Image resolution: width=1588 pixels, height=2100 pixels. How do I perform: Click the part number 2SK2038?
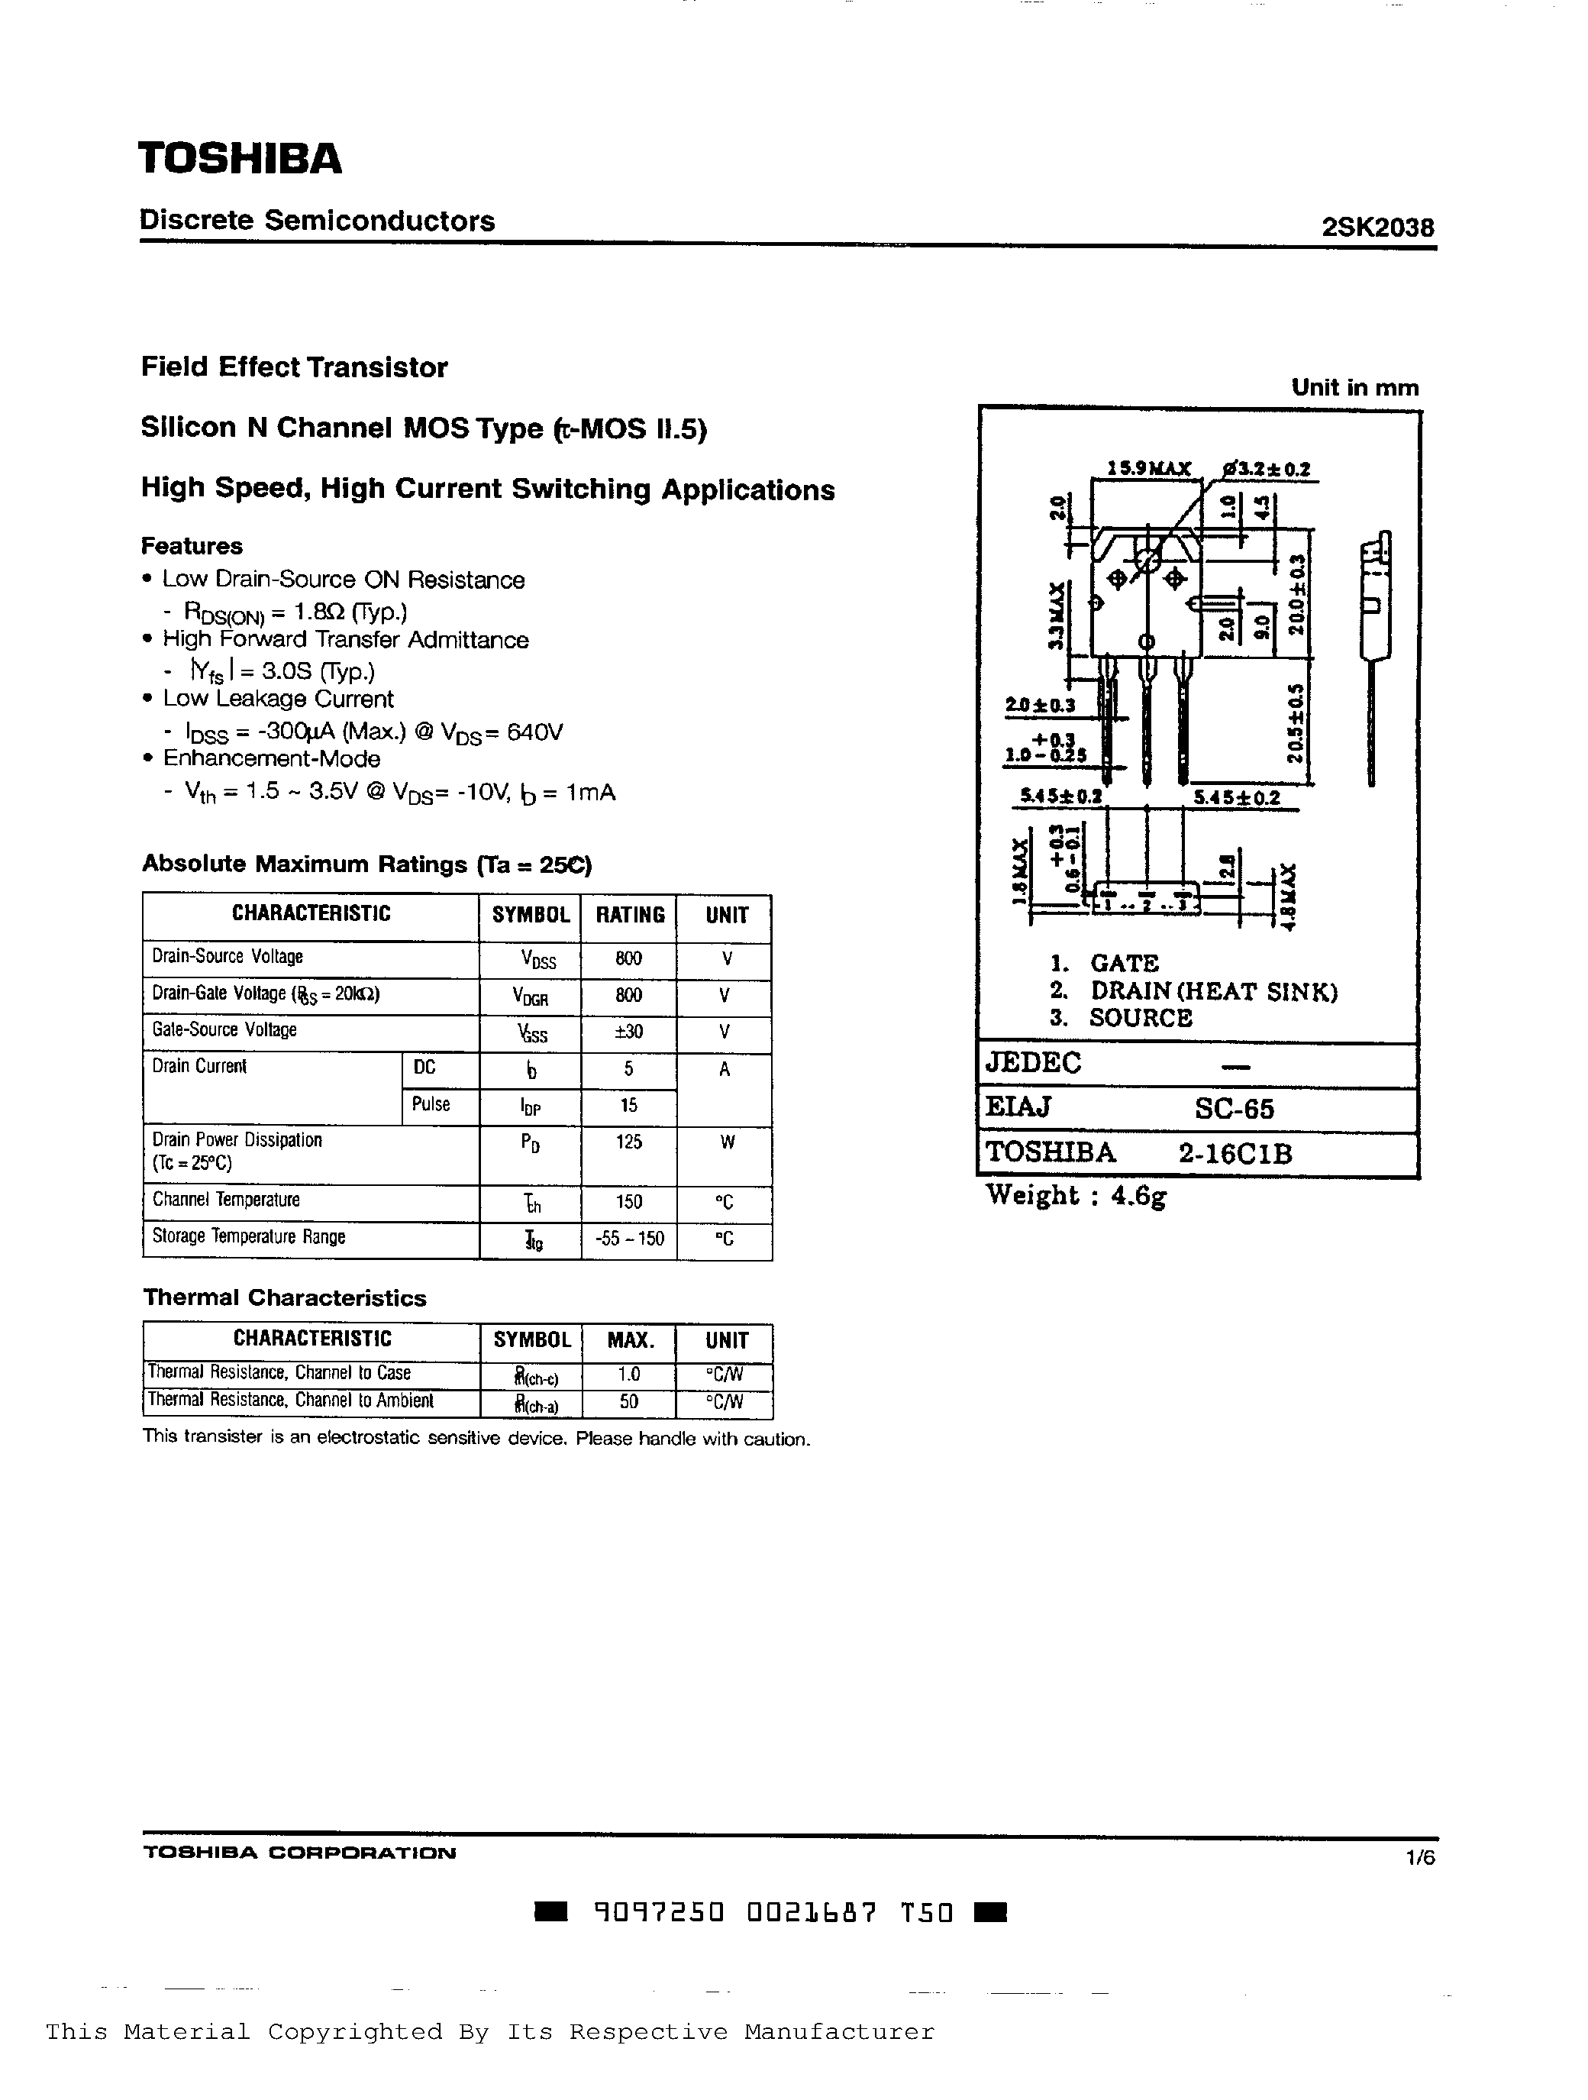[1377, 228]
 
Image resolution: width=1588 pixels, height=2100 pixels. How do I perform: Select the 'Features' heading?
[192, 546]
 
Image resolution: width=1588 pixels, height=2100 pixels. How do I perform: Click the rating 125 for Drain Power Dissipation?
[628, 1142]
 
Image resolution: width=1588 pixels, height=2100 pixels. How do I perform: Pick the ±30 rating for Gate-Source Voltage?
[628, 1032]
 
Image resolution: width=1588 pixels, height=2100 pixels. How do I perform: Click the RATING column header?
[629, 915]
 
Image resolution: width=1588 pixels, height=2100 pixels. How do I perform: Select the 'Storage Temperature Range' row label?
[249, 1237]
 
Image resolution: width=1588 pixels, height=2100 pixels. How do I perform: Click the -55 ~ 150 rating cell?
[628, 1239]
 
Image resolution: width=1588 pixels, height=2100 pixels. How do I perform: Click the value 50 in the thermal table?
[628, 1402]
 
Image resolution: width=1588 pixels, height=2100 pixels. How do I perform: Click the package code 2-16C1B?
[1235, 1154]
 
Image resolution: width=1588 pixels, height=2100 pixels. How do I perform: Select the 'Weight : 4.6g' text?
[1076, 1195]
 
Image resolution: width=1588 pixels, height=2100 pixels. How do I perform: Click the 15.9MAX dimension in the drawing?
[1148, 469]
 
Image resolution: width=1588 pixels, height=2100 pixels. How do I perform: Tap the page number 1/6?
[1420, 1858]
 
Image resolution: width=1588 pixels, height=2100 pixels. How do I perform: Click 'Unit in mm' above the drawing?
[1354, 387]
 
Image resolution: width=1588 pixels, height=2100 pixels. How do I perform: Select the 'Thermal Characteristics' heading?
[285, 1297]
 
